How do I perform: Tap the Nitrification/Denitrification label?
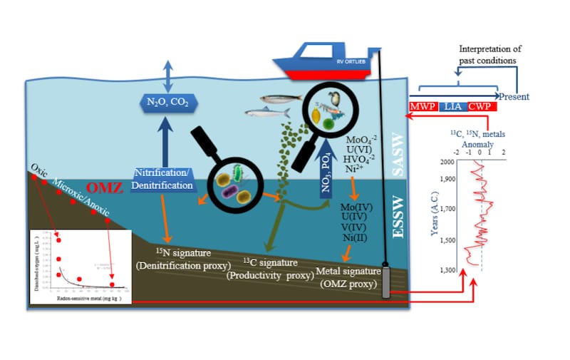[x=164, y=180]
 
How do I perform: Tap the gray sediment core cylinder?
[x=386, y=282]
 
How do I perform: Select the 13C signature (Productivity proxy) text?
[x=266, y=268]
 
